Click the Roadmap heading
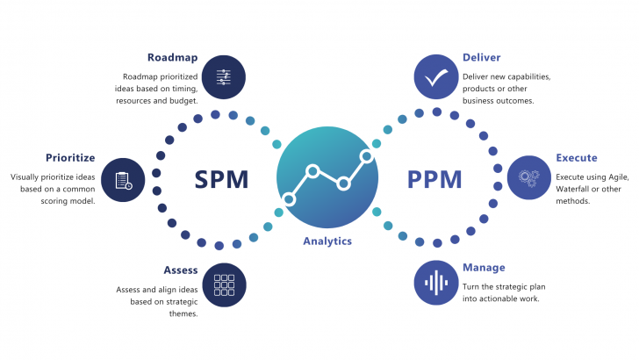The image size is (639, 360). click(x=172, y=57)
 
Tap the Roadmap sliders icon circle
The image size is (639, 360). click(x=224, y=77)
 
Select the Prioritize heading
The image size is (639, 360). click(x=70, y=158)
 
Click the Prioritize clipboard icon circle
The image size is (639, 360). click(x=123, y=180)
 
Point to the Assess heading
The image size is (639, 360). click(x=181, y=270)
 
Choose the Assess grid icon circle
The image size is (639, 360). click(x=224, y=284)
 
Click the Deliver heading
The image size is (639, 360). click(x=481, y=57)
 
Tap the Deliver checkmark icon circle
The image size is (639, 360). click(x=436, y=77)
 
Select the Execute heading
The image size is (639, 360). click(x=577, y=158)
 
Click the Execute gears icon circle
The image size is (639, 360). click(x=529, y=177)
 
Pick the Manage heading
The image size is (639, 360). click(x=484, y=268)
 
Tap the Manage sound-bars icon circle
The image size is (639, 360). click(x=436, y=283)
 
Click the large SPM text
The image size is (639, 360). click(x=221, y=179)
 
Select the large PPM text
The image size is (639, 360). click(x=434, y=179)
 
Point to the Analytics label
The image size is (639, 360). click(x=327, y=241)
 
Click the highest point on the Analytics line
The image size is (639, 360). click(x=366, y=155)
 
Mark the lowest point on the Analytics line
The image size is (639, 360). click(x=289, y=199)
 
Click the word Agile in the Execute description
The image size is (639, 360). click(x=618, y=177)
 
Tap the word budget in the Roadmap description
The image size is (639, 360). click(x=183, y=101)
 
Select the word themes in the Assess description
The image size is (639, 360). click(x=183, y=313)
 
